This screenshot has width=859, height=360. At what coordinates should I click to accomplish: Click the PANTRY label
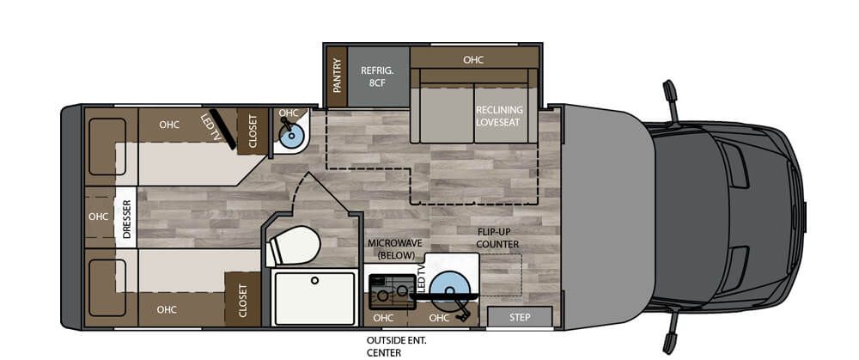point(337,76)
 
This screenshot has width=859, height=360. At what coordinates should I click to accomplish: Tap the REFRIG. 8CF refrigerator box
point(377,76)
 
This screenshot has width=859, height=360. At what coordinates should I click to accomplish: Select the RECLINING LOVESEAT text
point(499,116)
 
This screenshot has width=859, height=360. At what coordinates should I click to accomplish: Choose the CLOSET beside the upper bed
point(253,131)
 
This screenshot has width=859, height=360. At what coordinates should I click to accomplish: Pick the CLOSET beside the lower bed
point(242,300)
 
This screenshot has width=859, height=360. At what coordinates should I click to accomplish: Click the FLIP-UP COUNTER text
point(498,237)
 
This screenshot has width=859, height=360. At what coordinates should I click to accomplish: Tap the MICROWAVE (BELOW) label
point(391,250)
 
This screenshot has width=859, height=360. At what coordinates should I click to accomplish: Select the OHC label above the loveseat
point(473,59)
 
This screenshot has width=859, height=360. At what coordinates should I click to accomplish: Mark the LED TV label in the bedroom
point(209,125)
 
